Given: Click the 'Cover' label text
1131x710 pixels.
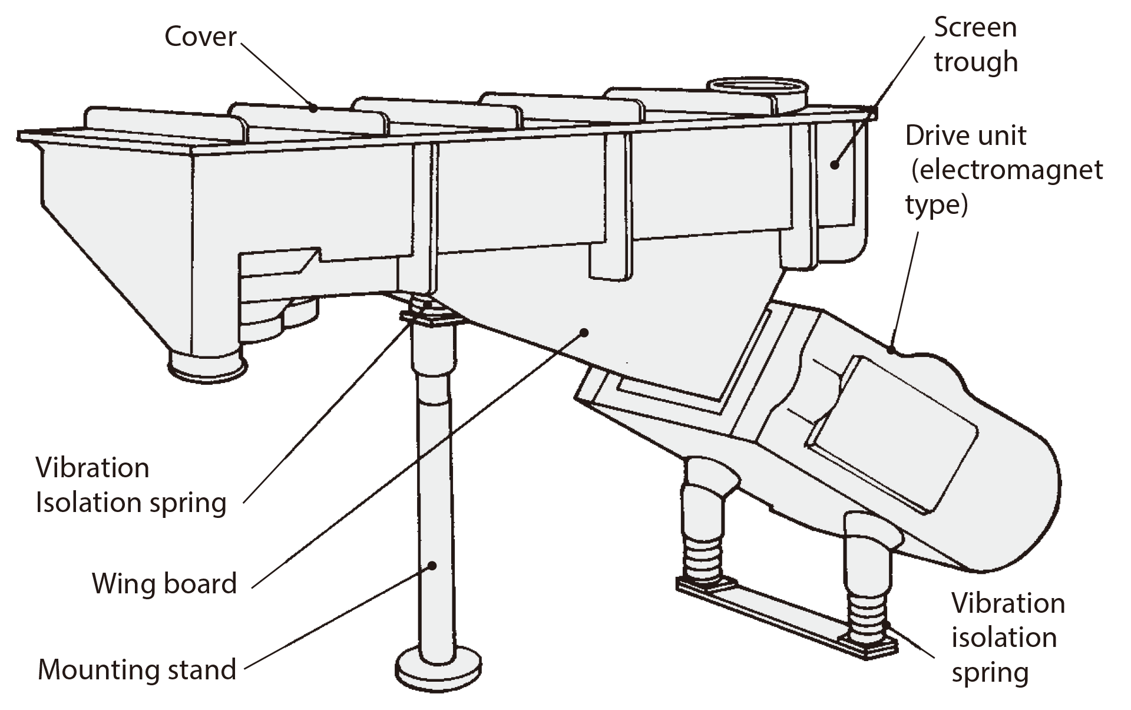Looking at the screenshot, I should [x=200, y=37].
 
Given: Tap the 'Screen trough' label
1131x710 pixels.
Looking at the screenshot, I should [x=975, y=45].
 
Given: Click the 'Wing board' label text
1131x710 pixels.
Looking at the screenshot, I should [x=164, y=584].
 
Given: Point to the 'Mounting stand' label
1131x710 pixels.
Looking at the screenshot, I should [x=137, y=670].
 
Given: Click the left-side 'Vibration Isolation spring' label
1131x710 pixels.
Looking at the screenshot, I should [x=131, y=485].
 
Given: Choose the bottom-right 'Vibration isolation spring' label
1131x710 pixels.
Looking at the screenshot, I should [x=1008, y=638].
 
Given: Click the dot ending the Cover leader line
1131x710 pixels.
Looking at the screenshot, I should [x=314, y=108].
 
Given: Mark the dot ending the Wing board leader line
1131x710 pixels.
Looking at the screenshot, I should [x=584, y=333].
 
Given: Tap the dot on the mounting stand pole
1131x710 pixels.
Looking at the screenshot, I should [x=432, y=566].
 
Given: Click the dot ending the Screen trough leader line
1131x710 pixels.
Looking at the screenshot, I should [x=834, y=164].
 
